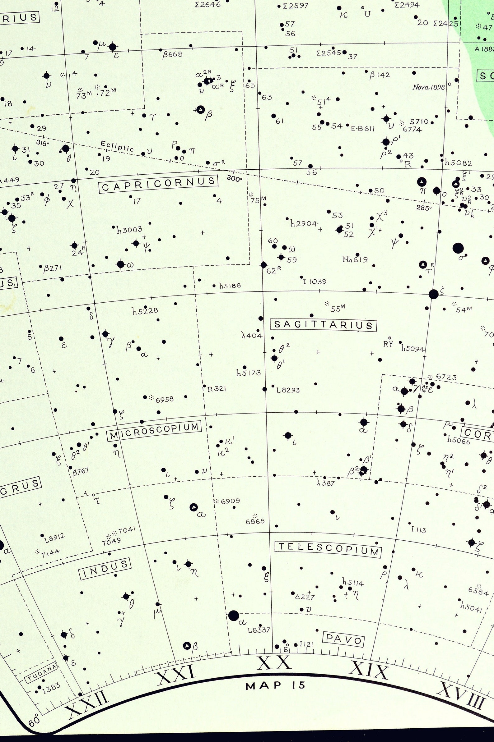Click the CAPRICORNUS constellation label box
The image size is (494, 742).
coord(158,184)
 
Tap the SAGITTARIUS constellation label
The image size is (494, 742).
coord(324,325)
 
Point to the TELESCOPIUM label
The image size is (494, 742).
coord(328,549)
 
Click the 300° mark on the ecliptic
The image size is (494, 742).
coord(235,179)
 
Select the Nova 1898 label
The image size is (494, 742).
coord(428,87)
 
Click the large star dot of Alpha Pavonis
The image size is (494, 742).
coord(233,615)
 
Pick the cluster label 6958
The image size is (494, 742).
coord(165,399)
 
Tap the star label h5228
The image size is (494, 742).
coord(145,311)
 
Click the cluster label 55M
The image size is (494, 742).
coord(338,308)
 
